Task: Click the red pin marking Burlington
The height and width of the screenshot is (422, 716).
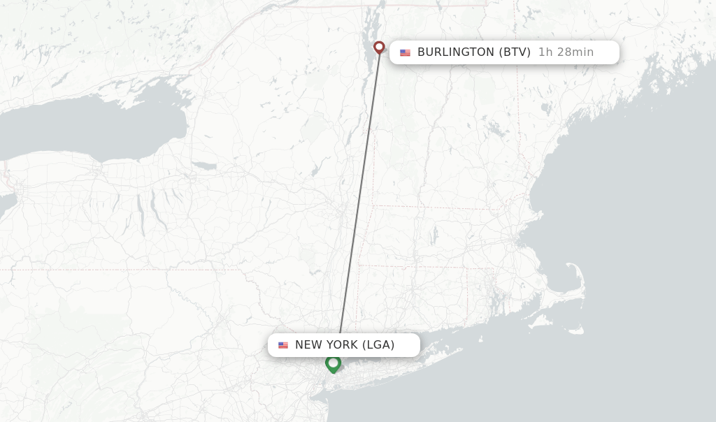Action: click(379, 48)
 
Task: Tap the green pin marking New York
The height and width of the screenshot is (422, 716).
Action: click(333, 363)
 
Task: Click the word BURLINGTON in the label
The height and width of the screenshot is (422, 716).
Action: click(455, 52)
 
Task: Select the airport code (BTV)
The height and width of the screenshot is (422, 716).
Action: click(515, 52)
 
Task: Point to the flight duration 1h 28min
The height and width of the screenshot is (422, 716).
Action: click(566, 52)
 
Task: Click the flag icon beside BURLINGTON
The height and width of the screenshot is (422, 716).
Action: click(405, 52)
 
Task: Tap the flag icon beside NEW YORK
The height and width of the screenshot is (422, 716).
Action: click(282, 345)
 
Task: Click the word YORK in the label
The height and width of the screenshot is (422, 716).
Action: click(341, 345)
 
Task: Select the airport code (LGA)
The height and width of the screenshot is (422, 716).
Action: click(378, 345)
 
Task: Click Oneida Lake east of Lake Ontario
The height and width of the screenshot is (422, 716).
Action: click(203, 166)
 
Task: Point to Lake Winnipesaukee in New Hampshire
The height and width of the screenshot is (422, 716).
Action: click(495, 130)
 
